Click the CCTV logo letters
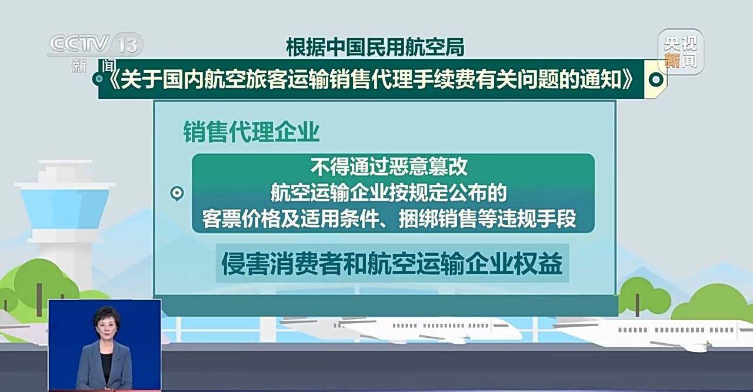pos(79,44)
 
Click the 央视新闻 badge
pos(681,52)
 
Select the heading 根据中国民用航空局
pos(375,47)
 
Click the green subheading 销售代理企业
pos(251,132)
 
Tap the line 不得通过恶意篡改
pos(389,167)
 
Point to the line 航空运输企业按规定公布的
pos(389,192)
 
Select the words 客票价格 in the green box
pos(241,218)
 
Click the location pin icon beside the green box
pos(177,194)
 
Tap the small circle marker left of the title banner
pos(99,79)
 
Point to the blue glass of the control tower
pos(65,208)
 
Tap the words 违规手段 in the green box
pos(537,218)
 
